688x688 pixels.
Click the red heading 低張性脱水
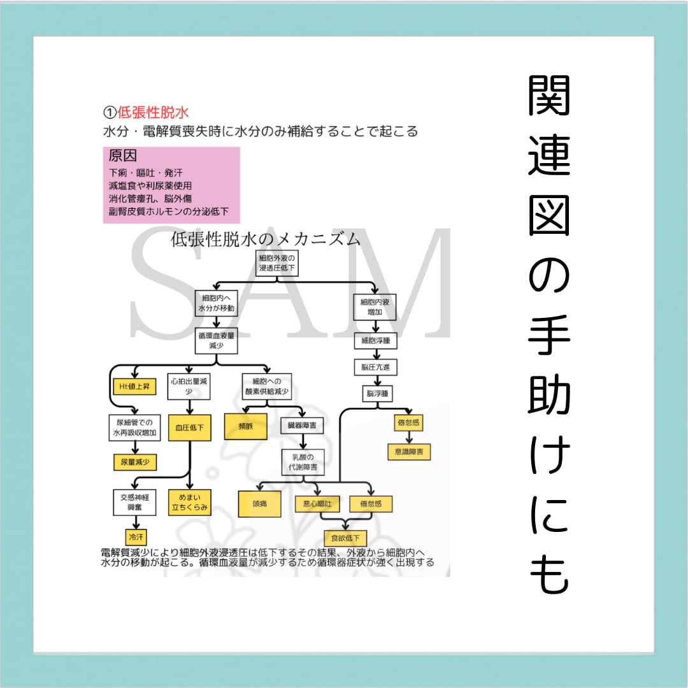click(x=153, y=113)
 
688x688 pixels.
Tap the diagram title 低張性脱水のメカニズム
click(x=264, y=240)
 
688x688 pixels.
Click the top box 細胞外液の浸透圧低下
click(x=278, y=264)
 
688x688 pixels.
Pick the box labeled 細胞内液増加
click(x=375, y=307)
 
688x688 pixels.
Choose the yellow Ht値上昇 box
click(x=134, y=387)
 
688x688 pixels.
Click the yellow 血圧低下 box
click(x=189, y=428)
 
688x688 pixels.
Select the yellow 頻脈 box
click(x=245, y=427)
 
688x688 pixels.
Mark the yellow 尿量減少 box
click(x=134, y=462)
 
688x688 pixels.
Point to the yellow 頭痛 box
click(x=259, y=503)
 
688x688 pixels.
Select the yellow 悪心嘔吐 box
click(x=317, y=503)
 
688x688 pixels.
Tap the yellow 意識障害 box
click(x=408, y=452)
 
